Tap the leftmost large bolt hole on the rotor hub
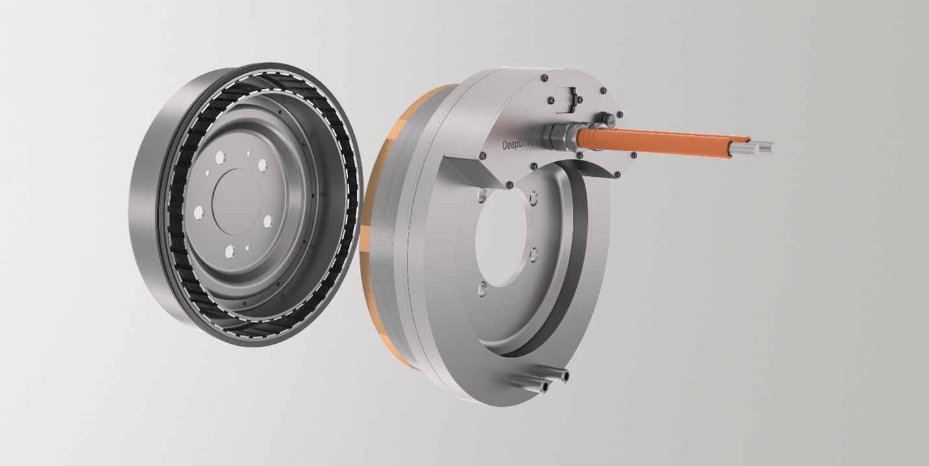(x=198, y=212)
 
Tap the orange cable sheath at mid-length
(x=656, y=140)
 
